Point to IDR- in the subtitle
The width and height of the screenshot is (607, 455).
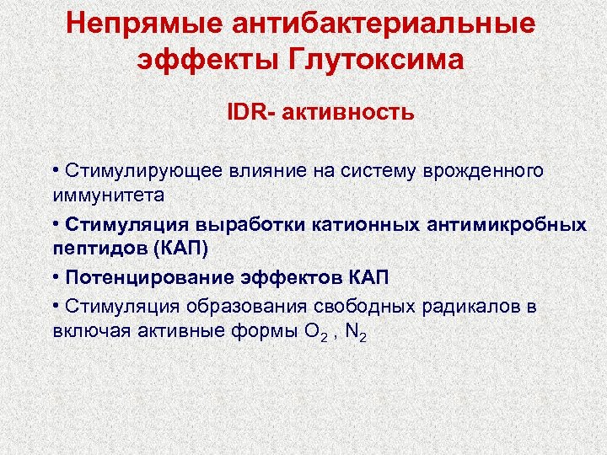245,112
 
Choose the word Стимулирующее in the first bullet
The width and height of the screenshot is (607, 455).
132,171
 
